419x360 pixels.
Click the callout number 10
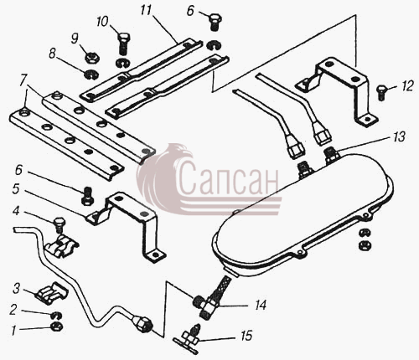pyautogui.click(x=102, y=22)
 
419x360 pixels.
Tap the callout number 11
pyautogui.click(x=146, y=10)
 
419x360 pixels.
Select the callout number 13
pyautogui.click(x=399, y=137)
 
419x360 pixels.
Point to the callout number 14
pyautogui.click(x=260, y=306)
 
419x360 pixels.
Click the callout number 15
pyautogui.click(x=246, y=336)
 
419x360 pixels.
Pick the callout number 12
pyautogui.click(x=408, y=86)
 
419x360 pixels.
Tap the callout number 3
pyautogui.click(x=17, y=289)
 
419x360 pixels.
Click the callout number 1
pyautogui.click(x=13, y=331)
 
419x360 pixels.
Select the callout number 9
pyautogui.click(x=75, y=39)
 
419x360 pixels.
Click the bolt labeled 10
pyautogui.click(x=123, y=44)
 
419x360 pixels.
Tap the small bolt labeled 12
pyautogui.click(x=381, y=93)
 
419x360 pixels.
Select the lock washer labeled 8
pyautogui.click(x=91, y=75)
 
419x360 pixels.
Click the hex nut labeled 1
pyautogui.click(x=57, y=326)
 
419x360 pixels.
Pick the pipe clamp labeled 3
pyautogui.click(x=52, y=293)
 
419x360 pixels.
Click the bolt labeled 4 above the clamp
pyautogui.click(x=59, y=224)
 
